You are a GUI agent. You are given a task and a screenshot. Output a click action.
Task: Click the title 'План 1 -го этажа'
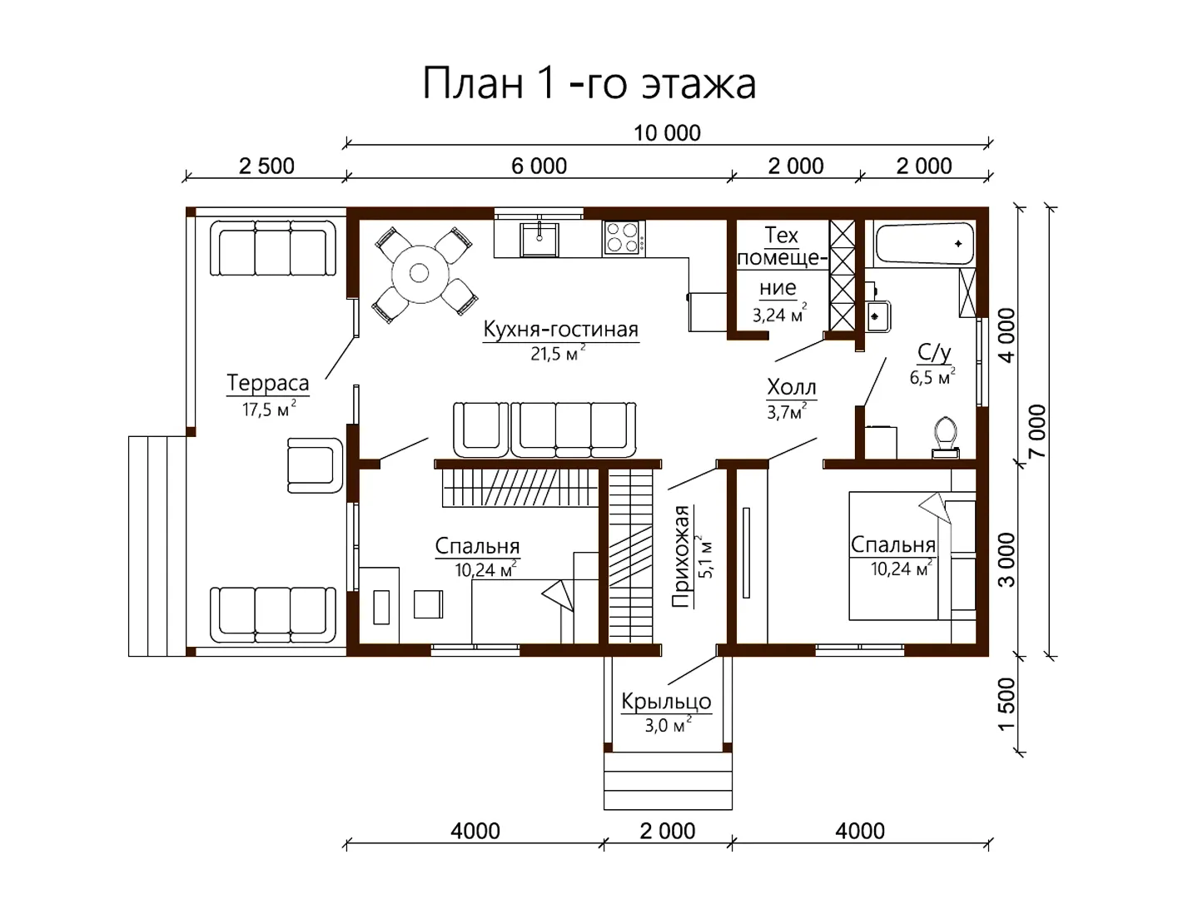tap(589, 83)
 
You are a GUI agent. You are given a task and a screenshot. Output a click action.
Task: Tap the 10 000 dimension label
tap(667, 133)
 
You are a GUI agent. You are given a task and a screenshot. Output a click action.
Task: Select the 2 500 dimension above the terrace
tap(266, 166)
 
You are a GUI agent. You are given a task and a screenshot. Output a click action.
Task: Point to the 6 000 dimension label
tap(539, 166)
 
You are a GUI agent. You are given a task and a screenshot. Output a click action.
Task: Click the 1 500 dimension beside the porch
tap(1007, 704)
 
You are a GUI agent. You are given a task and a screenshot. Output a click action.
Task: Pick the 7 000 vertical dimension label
tap(1037, 431)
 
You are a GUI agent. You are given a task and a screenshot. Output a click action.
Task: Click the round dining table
tap(420, 273)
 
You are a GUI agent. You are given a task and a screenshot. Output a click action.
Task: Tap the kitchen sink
tap(539, 238)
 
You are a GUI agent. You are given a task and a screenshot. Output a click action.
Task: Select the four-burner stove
tap(624, 238)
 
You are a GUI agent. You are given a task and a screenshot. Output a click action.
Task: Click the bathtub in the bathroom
tap(924, 245)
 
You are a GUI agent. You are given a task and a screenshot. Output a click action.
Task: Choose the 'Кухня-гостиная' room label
tap(560, 330)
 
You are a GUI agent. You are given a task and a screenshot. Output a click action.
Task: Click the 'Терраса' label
tap(268, 383)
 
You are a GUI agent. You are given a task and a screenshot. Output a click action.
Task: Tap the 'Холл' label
tap(792, 387)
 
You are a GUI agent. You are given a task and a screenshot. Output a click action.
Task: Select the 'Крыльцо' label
tap(667, 702)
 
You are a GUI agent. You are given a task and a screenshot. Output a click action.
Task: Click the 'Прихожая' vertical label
tap(681, 557)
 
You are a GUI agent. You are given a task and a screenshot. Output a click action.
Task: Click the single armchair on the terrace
tap(316, 465)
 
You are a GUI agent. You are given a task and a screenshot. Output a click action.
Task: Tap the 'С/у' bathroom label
tap(934, 352)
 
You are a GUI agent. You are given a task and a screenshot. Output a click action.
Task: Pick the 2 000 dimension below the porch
tap(668, 831)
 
